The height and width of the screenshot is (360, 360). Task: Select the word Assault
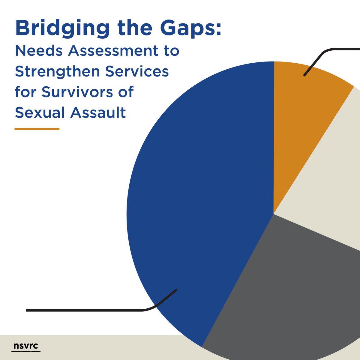point(98,113)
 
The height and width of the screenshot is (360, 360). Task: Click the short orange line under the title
point(37,129)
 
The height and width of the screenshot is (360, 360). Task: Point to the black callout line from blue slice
point(90,310)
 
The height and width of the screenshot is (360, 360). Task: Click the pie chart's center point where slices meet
point(274,214)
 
